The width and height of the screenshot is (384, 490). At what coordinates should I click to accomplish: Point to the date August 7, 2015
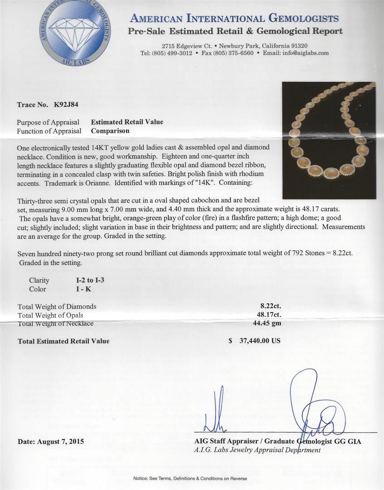[51, 441]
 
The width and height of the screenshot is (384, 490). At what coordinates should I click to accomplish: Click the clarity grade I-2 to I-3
[90, 280]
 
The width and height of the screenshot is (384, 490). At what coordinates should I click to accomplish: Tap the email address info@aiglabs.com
[305, 53]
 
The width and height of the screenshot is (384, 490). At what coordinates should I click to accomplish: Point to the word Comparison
[110, 131]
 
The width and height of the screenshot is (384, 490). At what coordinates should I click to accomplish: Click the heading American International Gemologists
[234, 19]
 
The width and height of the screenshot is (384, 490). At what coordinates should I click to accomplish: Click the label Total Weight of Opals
[50, 315]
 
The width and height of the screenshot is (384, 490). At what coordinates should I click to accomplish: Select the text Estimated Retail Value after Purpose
[127, 122]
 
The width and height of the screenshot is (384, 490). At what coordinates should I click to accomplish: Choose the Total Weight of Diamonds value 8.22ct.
[267, 307]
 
